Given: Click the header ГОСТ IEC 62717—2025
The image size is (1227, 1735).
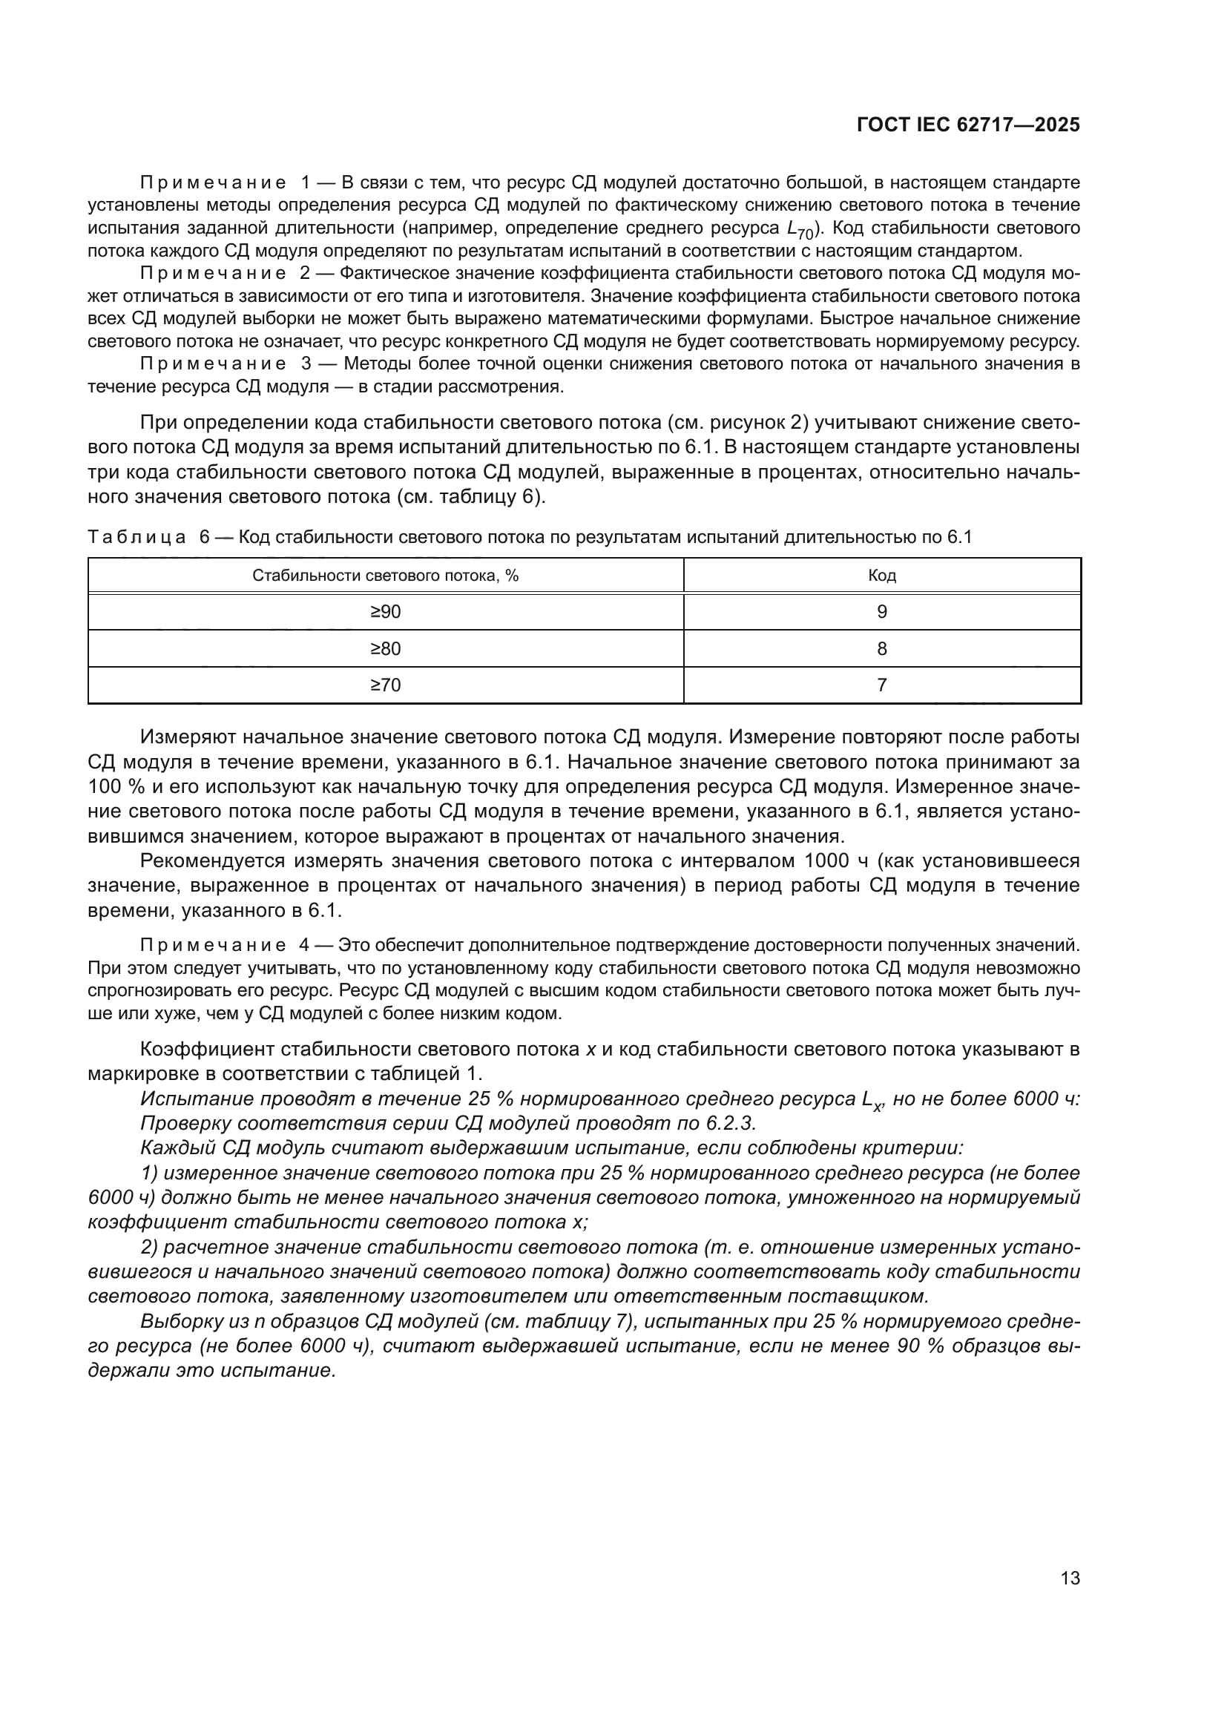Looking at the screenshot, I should (968, 125).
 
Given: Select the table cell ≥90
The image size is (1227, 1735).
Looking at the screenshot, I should (385, 612).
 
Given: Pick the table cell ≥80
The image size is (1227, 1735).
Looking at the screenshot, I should (385, 648).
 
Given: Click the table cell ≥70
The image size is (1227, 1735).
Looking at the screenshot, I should (385, 685).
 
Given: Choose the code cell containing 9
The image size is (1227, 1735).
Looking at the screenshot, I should (882, 612).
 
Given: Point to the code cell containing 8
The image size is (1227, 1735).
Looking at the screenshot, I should (882, 648).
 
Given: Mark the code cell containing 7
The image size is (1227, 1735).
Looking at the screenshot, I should (882, 685).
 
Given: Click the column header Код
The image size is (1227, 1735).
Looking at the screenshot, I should (882, 576).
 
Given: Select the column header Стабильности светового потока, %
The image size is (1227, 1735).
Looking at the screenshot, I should (385, 576).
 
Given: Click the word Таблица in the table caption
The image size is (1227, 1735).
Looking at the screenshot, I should (136, 537).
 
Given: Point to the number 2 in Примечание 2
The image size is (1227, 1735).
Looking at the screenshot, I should (306, 273).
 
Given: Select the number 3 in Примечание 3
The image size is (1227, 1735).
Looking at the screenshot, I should (306, 363).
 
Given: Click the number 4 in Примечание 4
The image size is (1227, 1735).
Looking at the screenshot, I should (306, 945).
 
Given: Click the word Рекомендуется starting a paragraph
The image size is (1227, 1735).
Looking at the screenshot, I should (212, 860).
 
